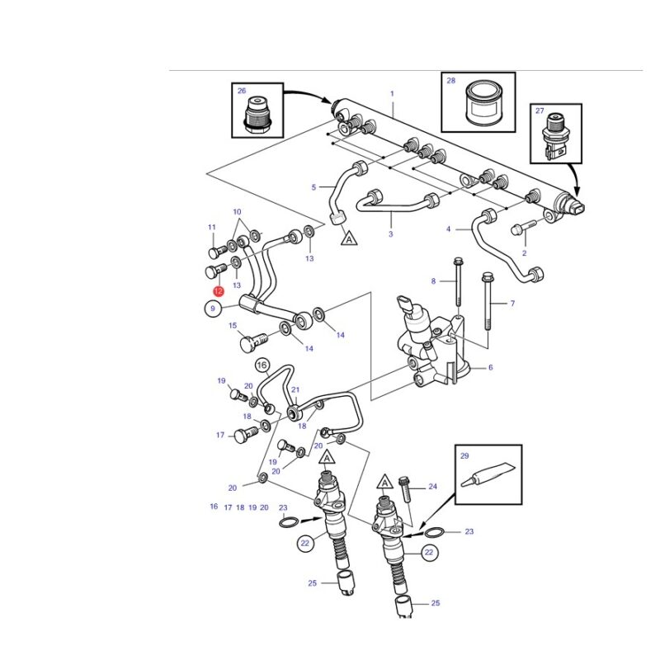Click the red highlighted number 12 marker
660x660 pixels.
coord(218,291)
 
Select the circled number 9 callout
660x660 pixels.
coord(213,309)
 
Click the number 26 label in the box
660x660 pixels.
coord(242,91)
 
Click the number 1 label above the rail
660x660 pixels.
coord(392,93)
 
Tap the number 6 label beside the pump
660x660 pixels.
coord(490,368)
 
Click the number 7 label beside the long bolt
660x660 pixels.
coord(511,304)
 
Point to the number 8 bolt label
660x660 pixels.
coord(433,281)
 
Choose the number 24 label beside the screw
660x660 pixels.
coord(432,487)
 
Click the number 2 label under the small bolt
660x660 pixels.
coord(523,253)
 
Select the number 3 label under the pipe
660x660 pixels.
coord(390,235)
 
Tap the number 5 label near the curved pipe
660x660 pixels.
coord(313,187)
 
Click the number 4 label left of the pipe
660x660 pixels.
coord(449,229)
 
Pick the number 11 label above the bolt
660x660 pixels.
coord(211,228)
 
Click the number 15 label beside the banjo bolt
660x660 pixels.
coord(233,325)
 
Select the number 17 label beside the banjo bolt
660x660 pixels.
coord(220,435)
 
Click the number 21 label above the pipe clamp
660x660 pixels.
coord(295,389)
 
